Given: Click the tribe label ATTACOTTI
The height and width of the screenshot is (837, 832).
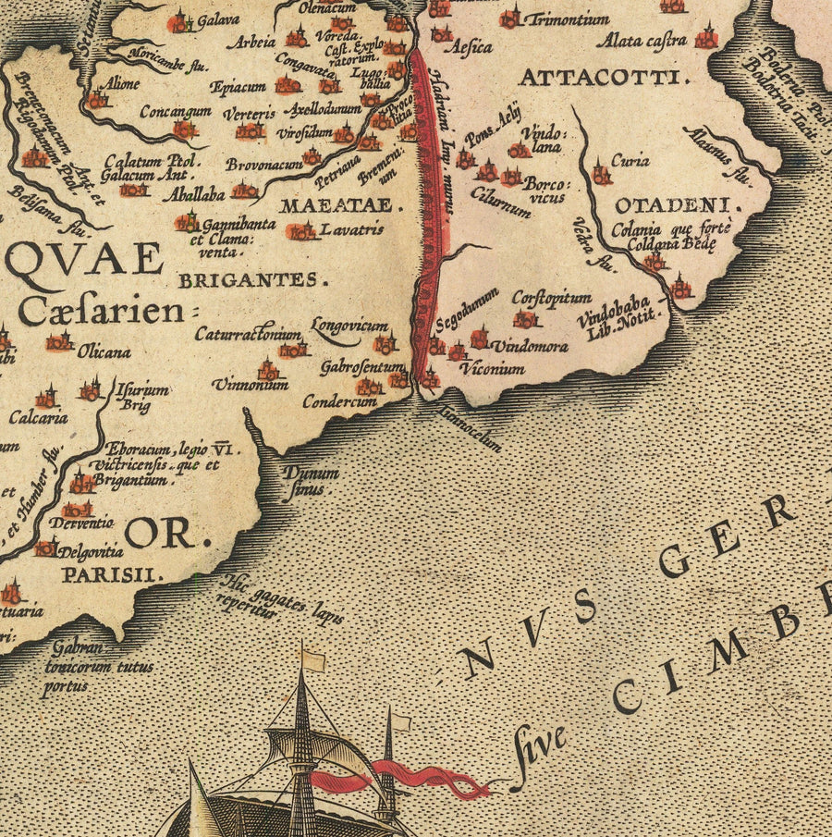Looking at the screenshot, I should tap(605, 77).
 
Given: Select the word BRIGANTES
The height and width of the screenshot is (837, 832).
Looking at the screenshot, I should tap(252, 280).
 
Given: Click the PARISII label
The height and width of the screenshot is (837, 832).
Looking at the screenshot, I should tap(112, 574).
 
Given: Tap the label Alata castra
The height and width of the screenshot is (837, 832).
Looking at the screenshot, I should tap(642, 41).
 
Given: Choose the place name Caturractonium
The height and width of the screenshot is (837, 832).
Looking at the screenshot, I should tap(247, 334).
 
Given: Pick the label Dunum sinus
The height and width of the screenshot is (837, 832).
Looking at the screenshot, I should tap(310, 480).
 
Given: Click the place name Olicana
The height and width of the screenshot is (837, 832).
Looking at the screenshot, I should tap(104, 351).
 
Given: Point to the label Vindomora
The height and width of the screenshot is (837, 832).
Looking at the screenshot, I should tap(529, 347).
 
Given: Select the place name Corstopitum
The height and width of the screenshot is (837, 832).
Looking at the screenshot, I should tap(551, 298).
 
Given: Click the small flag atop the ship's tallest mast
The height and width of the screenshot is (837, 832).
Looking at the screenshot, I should tap(313, 659).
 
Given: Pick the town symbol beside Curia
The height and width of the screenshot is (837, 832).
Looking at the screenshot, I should tap(601, 173).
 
